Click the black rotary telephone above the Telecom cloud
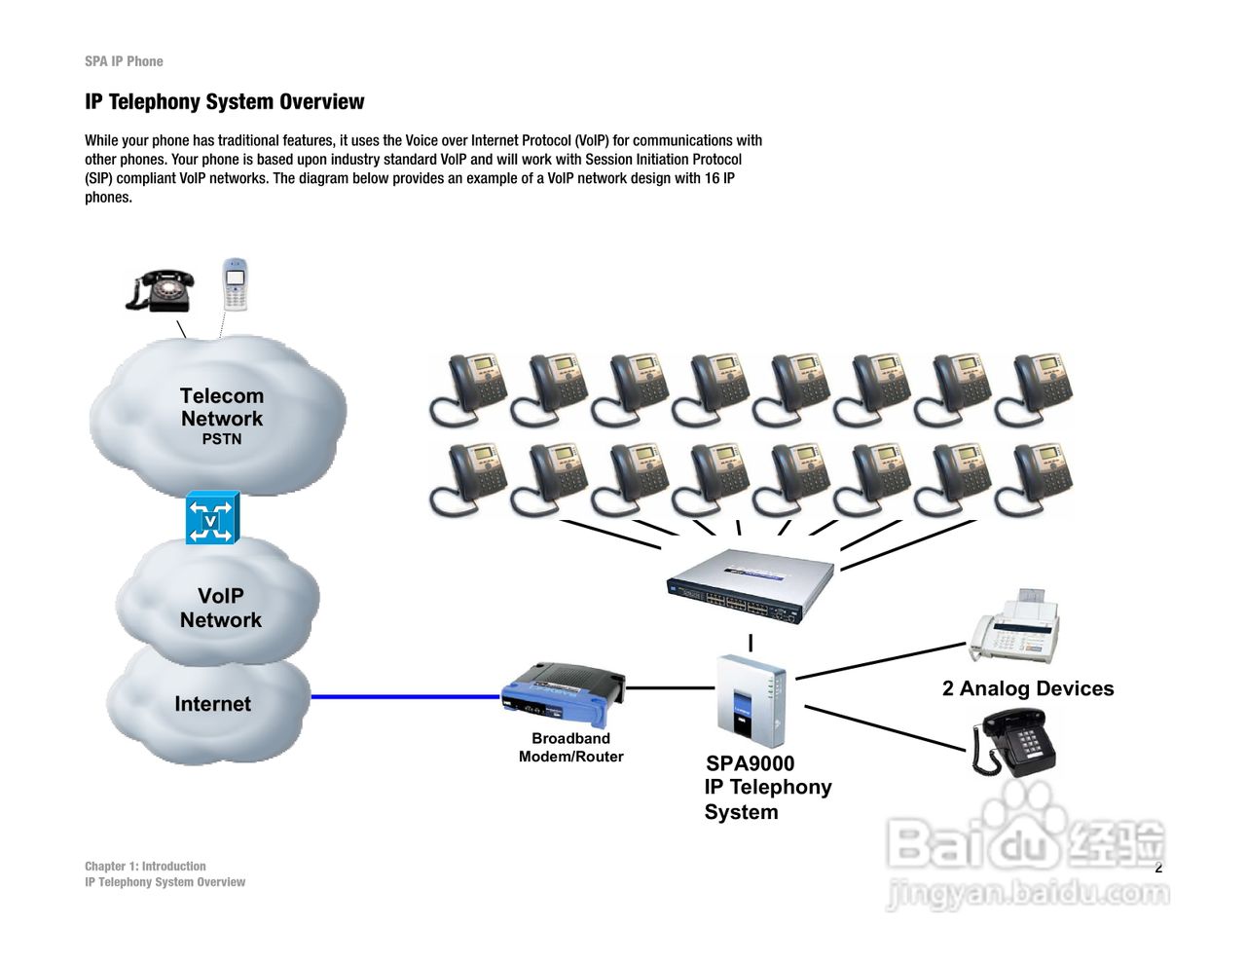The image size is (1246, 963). coord(161,289)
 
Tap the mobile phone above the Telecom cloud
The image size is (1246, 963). coord(235,283)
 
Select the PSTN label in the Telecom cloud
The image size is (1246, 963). coord(222,439)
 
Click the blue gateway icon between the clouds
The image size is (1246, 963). coord(212,517)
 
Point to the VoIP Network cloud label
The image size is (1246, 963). coord(221,608)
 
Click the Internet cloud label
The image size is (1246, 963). coord(212,704)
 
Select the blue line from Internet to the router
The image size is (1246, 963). coord(404,696)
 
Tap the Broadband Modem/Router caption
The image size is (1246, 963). coord(570,747)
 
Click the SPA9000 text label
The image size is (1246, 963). coord(750,763)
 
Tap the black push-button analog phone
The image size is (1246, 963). coord(1014,741)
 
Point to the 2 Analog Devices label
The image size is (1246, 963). coord(1028,688)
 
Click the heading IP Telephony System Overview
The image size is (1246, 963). coord(224,102)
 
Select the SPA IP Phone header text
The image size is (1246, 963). coord(124,61)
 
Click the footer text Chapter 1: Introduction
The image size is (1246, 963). coord(145,866)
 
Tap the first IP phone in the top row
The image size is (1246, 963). coord(467,389)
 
